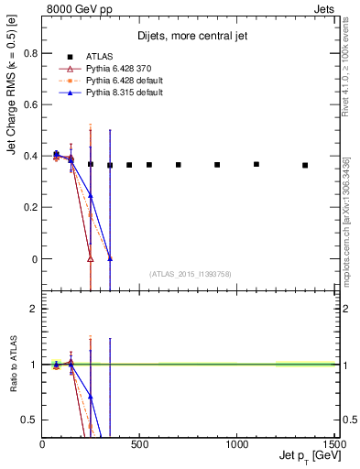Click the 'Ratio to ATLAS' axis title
click(14, 364)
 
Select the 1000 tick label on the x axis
click(236, 443)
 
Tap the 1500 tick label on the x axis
click(333, 443)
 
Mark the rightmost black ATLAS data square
click(305, 165)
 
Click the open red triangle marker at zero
click(90, 259)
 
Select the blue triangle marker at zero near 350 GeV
click(110, 258)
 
